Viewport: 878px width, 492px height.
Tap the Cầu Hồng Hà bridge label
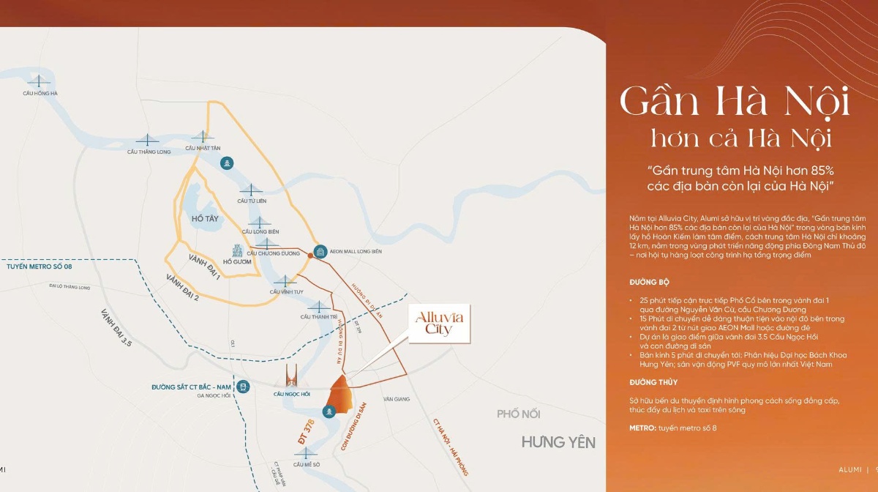tap(40, 94)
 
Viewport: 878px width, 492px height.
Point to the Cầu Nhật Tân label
tap(203, 148)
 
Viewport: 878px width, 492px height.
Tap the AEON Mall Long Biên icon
tap(320, 252)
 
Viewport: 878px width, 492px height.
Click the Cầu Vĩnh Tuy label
tap(285, 291)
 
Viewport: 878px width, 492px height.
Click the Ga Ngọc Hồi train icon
tap(243, 387)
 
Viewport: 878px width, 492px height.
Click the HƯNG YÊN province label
tap(558, 442)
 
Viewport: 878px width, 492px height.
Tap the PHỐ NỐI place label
tap(518, 414)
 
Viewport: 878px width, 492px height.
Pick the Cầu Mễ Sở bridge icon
tap(307, 452)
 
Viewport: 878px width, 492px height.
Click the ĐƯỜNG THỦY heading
tap(653, 382)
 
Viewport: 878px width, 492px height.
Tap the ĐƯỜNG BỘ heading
tap(649, 282)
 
